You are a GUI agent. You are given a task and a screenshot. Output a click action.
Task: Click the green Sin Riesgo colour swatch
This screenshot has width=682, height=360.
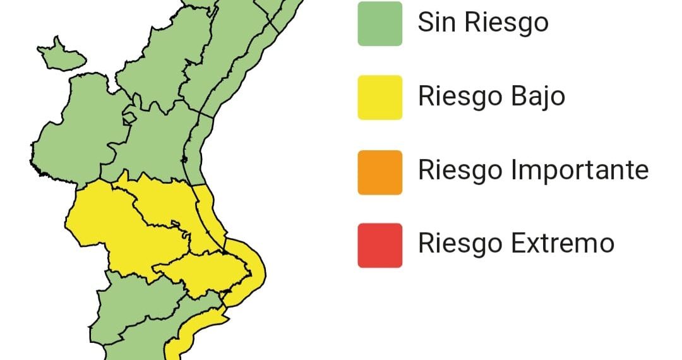pyautogui.click(x=380, y=23)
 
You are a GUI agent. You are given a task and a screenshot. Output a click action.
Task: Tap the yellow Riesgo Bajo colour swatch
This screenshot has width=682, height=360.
pyautogui.click(x=380, y=97)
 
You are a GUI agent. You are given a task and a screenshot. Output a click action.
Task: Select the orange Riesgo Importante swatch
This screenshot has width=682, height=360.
pyautogui.click(x=380, y=172)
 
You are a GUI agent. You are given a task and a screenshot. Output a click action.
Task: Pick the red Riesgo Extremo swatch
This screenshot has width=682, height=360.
pyautogui.click(x=380, y=245)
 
